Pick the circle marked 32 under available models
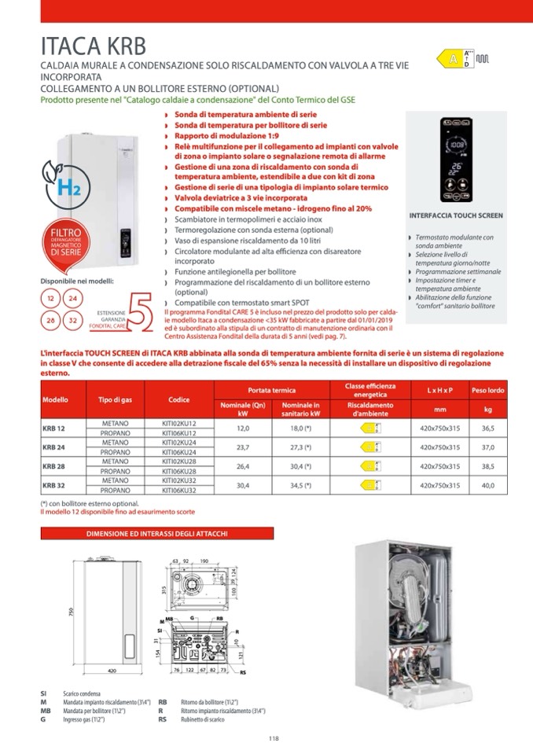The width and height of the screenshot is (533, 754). point(72,320)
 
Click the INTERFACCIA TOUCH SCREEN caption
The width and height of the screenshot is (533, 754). point(456,215)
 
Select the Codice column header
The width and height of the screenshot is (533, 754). point(178,399)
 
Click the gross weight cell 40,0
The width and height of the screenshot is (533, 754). point(487,486)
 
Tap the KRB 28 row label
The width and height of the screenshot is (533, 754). point(53,465)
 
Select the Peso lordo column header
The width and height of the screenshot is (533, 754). point(487,390)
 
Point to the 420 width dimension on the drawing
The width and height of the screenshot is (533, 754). point(112,671)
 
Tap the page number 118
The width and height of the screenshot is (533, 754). point(274,737)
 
